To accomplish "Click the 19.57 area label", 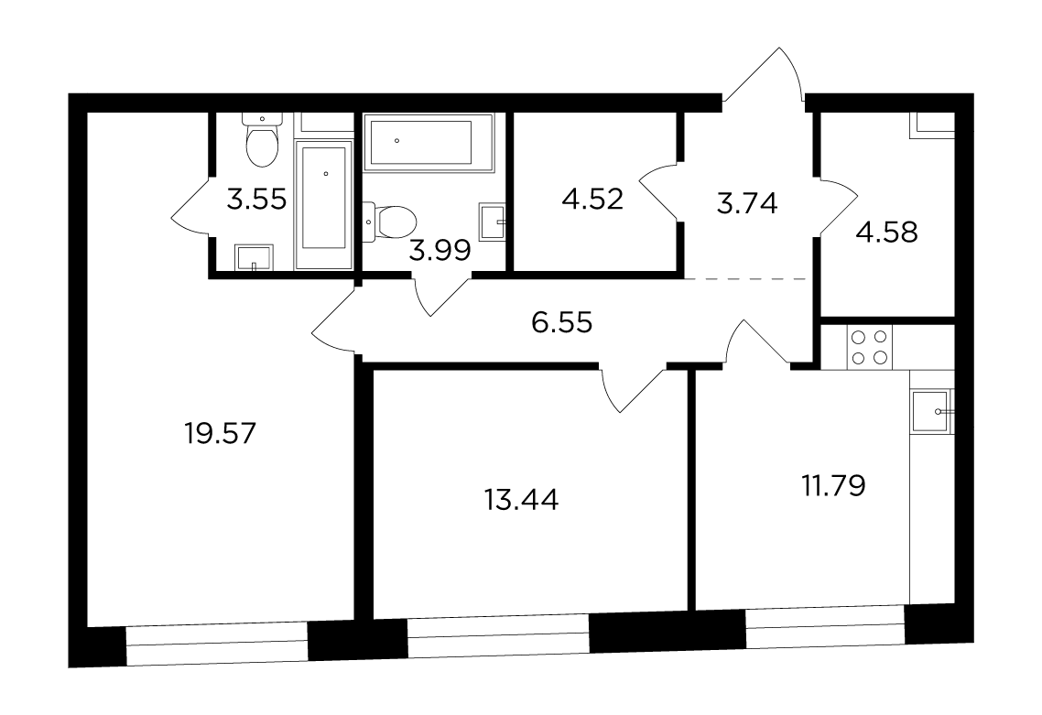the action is click(x=220, y=434).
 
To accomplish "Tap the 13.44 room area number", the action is click(x=522, y=500).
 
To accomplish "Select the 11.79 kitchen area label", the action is click(x=833, y=486).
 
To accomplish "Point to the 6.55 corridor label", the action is click(x=561, y=323).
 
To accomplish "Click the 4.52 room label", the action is click(x=592, y=200).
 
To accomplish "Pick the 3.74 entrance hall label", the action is click(x=747, y=203).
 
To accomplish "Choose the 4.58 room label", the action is click(x=887, y=233).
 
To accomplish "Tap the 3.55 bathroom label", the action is click(x=256, y=199).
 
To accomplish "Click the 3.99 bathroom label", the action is click(x=440, y=251).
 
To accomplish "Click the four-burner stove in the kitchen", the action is click(x=870, y=347).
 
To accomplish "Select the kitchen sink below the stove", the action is click(x=932, y=412).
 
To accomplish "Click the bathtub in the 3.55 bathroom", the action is click(x=323, y=205).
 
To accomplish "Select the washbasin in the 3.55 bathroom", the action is click(x=254, y=258).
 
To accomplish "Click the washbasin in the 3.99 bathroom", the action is click(x=493, y=220).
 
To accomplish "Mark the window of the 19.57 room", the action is click(x=217, y=644).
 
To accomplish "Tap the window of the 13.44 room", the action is click(x=498, y=636).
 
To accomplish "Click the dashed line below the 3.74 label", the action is click(x=745, y=279).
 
